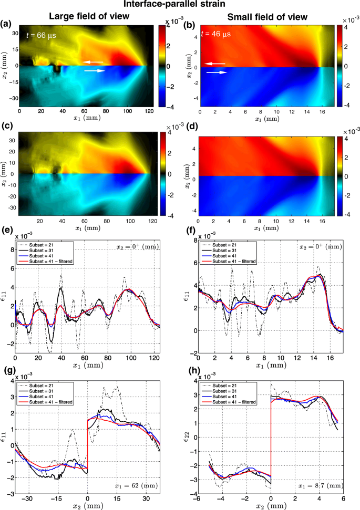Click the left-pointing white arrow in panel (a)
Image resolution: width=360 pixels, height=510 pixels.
[x=93, y=62]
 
